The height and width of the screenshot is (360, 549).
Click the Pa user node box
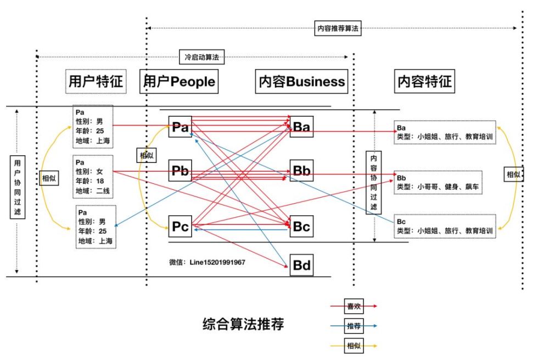click(x=180, y=127)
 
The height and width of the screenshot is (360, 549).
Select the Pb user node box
click(x=180, y=171)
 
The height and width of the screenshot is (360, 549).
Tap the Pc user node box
click(x=180, y=226)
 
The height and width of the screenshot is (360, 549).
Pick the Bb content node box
click(x=301, y=171)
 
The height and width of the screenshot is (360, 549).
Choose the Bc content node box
click(x=301, y=226)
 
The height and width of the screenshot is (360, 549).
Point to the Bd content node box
click(x=301, y=266)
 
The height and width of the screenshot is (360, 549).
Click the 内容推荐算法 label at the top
click(x=338, y=29)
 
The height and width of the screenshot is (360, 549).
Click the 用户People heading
click(x=179, y=81)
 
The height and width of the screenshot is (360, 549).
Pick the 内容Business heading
click(x=302, y=81)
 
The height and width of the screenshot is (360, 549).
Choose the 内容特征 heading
click(x=424, y=81)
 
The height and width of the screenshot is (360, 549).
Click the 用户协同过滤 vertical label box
click(x=18, y=187)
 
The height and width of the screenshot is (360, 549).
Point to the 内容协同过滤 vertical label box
click(x=374, y=181)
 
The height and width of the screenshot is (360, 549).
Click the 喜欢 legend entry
click(x=354, y=306)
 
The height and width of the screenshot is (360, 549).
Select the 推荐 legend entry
click(x=354, y=326)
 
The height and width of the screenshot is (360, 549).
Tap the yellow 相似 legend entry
click(x=354, y=346)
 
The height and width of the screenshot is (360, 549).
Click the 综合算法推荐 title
click(x=243, y=324)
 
